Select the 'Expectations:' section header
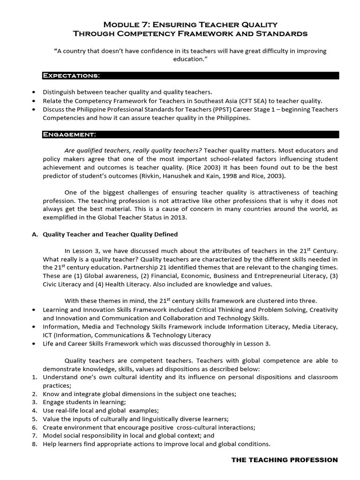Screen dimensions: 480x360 [x=71, y=75]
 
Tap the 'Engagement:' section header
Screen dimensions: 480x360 [x=69, y=135]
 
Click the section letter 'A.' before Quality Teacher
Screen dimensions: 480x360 [x=35, y=234]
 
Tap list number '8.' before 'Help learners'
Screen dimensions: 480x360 [x=35, y=444]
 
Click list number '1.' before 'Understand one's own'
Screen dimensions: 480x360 [x=35, y=377]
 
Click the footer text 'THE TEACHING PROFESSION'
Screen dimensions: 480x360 [x=285, y=460]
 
